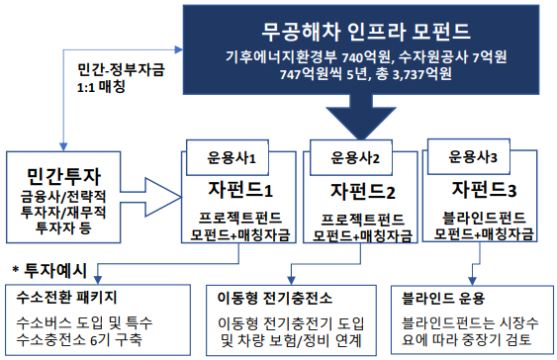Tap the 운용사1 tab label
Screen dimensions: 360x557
pos(231,156)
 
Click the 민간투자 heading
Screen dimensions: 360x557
pos(61,174)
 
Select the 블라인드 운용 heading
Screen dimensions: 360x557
pos(472,297)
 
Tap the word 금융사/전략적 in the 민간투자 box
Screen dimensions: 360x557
pos(61,197)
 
